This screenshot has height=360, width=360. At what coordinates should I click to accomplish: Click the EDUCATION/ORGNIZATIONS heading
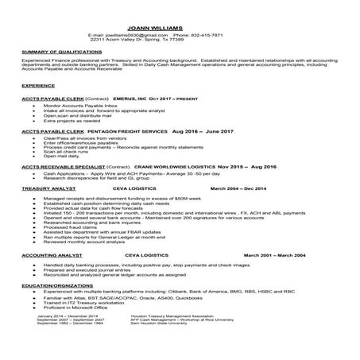coord(53,285)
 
